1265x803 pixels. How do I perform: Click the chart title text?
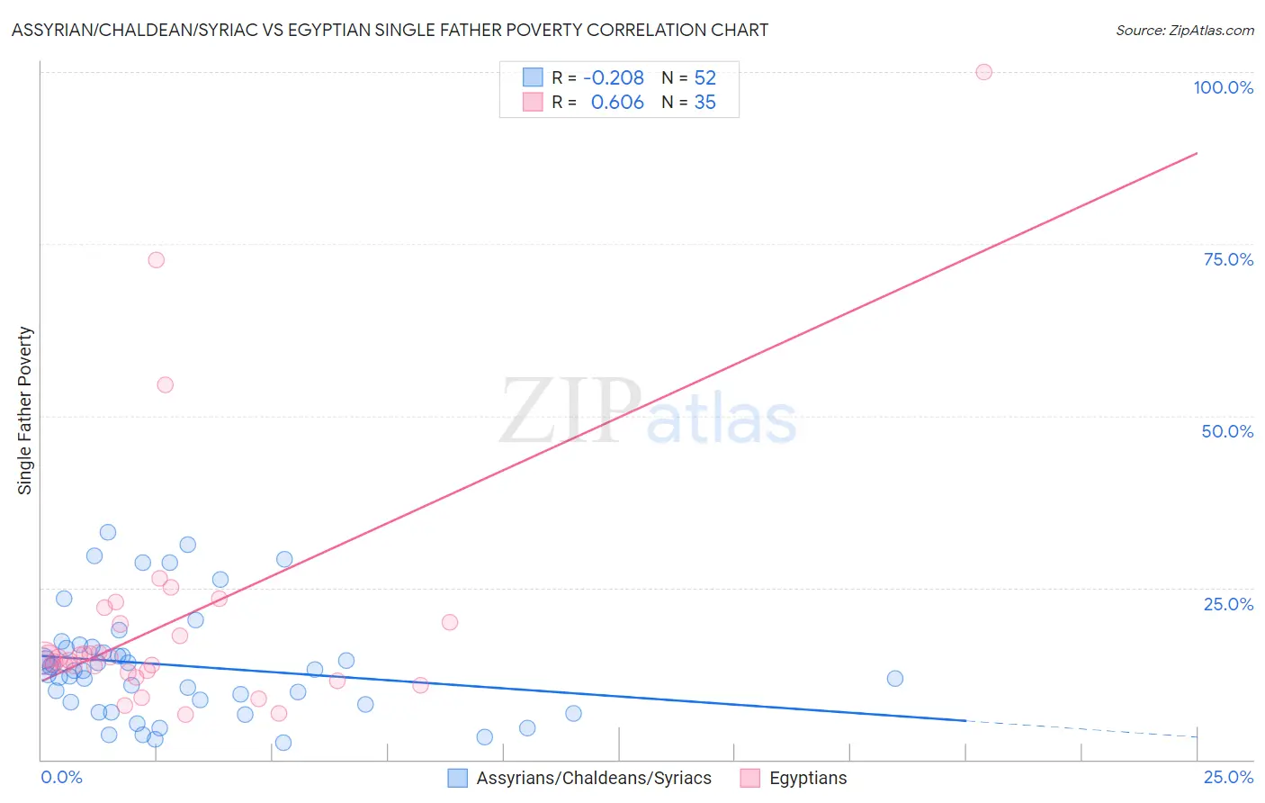click(390, 30)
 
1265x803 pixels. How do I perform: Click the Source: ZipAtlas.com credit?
click(1184, 30)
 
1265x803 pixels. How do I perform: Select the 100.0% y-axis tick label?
click(1223, 87)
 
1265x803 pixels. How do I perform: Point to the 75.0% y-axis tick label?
click(1228, 259)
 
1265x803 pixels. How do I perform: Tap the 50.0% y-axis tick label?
click(1227, 431)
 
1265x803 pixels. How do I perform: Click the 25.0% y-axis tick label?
click(1228, 604)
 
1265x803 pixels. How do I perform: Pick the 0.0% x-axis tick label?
click(61, 777)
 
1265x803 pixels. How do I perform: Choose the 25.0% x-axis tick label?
click(1228, 777)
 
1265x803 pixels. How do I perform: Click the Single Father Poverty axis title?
click(25, 411)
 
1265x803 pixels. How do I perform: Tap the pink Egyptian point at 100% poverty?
click(983, 72)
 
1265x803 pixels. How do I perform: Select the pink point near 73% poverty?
click(156, 260)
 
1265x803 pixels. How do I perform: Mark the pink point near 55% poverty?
click(165, 384)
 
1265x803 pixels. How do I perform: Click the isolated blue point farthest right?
click(894, 679)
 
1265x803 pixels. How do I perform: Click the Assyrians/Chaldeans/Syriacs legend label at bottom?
click(594, 778)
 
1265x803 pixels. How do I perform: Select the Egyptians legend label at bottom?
click(808, 778)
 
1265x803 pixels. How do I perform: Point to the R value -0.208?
click(614, 78)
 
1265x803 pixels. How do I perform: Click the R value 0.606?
click(617, 103)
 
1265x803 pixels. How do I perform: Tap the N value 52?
click(704, 78)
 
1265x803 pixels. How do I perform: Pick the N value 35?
click(704, 103)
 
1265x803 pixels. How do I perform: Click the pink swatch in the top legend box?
click(533, 102)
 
